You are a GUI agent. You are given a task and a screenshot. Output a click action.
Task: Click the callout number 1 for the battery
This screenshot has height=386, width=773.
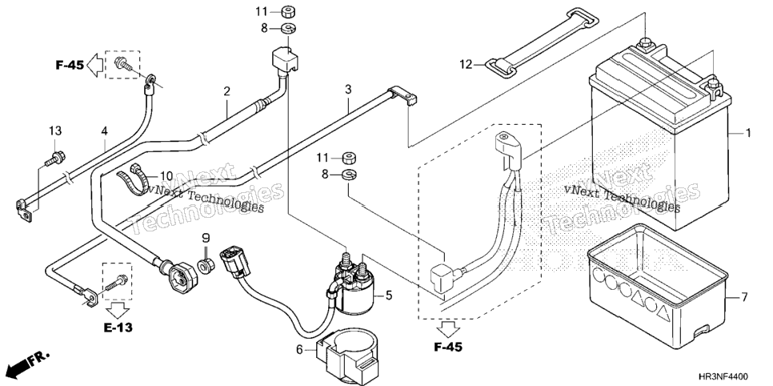(748, 133)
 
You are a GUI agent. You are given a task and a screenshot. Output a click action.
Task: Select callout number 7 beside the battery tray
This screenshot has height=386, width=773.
(744, 297)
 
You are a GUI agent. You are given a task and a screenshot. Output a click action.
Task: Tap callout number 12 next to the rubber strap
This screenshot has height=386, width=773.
(466, 64)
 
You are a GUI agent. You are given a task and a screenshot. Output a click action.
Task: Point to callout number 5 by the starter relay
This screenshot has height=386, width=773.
(389, 296)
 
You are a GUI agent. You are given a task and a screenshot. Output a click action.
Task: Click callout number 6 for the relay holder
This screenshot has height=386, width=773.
(299, 350)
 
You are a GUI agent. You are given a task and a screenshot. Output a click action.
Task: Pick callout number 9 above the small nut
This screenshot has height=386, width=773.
(206, 239)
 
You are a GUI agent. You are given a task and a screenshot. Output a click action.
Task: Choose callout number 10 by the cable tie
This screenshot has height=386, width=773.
(166, 175)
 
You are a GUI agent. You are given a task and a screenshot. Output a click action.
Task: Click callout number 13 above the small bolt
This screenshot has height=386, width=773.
(55, 131)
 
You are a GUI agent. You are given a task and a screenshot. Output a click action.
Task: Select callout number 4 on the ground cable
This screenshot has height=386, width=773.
(105, 131)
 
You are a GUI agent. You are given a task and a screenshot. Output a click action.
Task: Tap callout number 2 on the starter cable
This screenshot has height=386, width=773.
(226, 91)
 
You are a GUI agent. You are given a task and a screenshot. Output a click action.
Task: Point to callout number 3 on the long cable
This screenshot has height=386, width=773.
(348, 90)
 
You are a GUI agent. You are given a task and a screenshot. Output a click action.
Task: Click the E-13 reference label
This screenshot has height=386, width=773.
(118, 328)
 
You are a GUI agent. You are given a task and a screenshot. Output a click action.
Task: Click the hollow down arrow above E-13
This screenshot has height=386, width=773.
(118, 309)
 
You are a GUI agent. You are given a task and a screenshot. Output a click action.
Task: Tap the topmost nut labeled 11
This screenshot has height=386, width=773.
(288, 11)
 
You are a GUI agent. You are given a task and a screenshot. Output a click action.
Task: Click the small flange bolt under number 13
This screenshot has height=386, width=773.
(54, 159)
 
